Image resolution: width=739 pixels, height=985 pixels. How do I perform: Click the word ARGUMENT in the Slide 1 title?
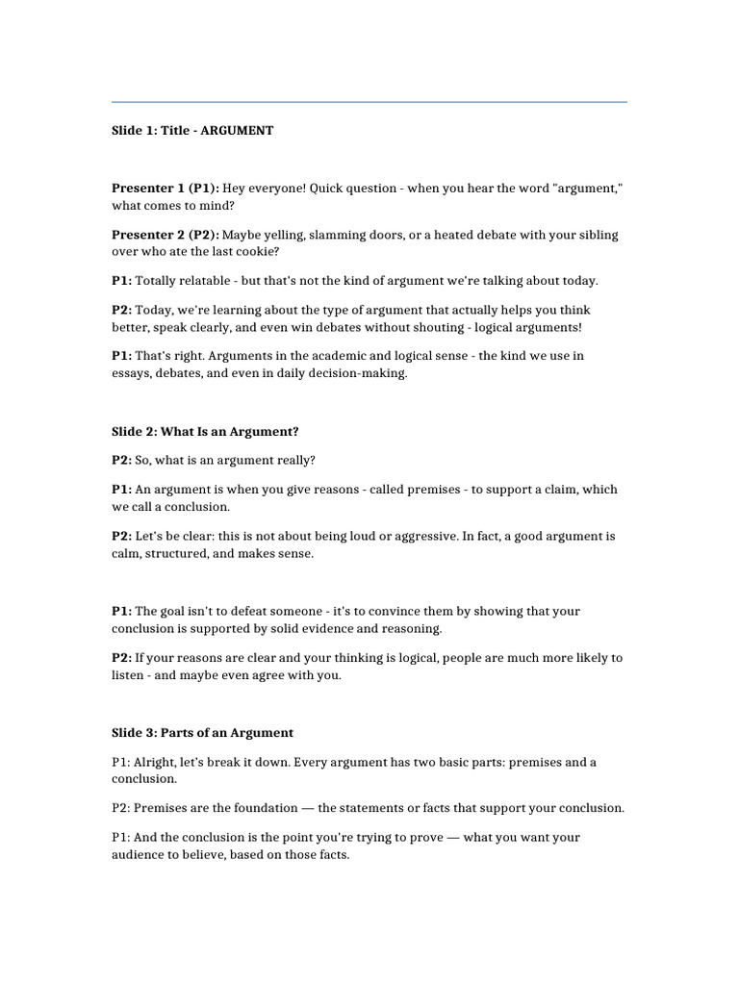237,130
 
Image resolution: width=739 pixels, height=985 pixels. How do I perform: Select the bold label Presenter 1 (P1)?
166,189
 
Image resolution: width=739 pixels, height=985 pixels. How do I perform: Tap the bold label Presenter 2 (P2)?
166,235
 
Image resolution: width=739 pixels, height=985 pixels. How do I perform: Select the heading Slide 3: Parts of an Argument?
202,733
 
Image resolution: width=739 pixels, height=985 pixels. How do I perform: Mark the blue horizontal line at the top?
369,101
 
